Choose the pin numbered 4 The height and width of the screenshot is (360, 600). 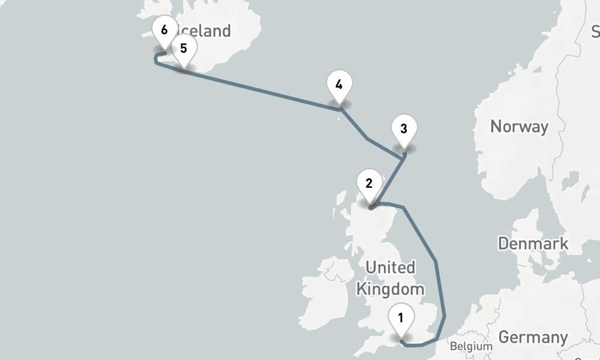[x=339, y=85]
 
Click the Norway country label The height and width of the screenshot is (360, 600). [x=519, y=127]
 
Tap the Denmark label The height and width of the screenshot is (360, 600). [x=533, y=244]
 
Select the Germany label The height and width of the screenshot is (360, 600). [x=533, y=337]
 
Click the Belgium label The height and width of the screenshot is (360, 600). [x=471, y=346]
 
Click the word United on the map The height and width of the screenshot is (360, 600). [x=390, y=267]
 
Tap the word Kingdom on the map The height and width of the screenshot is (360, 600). [x=390, y=289]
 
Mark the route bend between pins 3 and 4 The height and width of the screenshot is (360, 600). [x=367, y=139]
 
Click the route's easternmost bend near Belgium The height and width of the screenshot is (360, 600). [x=445, y=316]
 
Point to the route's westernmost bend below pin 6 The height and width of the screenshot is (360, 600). [x=156, y=61]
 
